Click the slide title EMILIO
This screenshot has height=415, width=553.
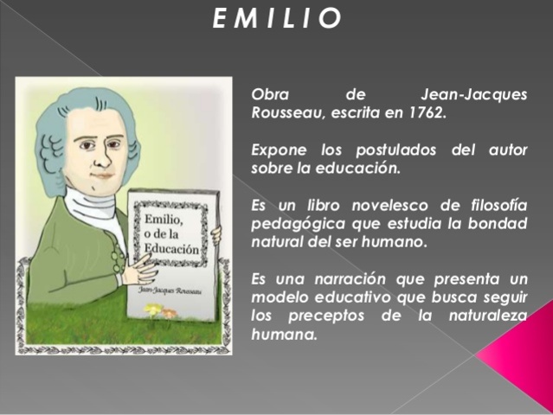click(276, 19)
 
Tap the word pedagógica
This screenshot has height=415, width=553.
click(295, 224)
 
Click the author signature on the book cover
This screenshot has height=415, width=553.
click(170, 292)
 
